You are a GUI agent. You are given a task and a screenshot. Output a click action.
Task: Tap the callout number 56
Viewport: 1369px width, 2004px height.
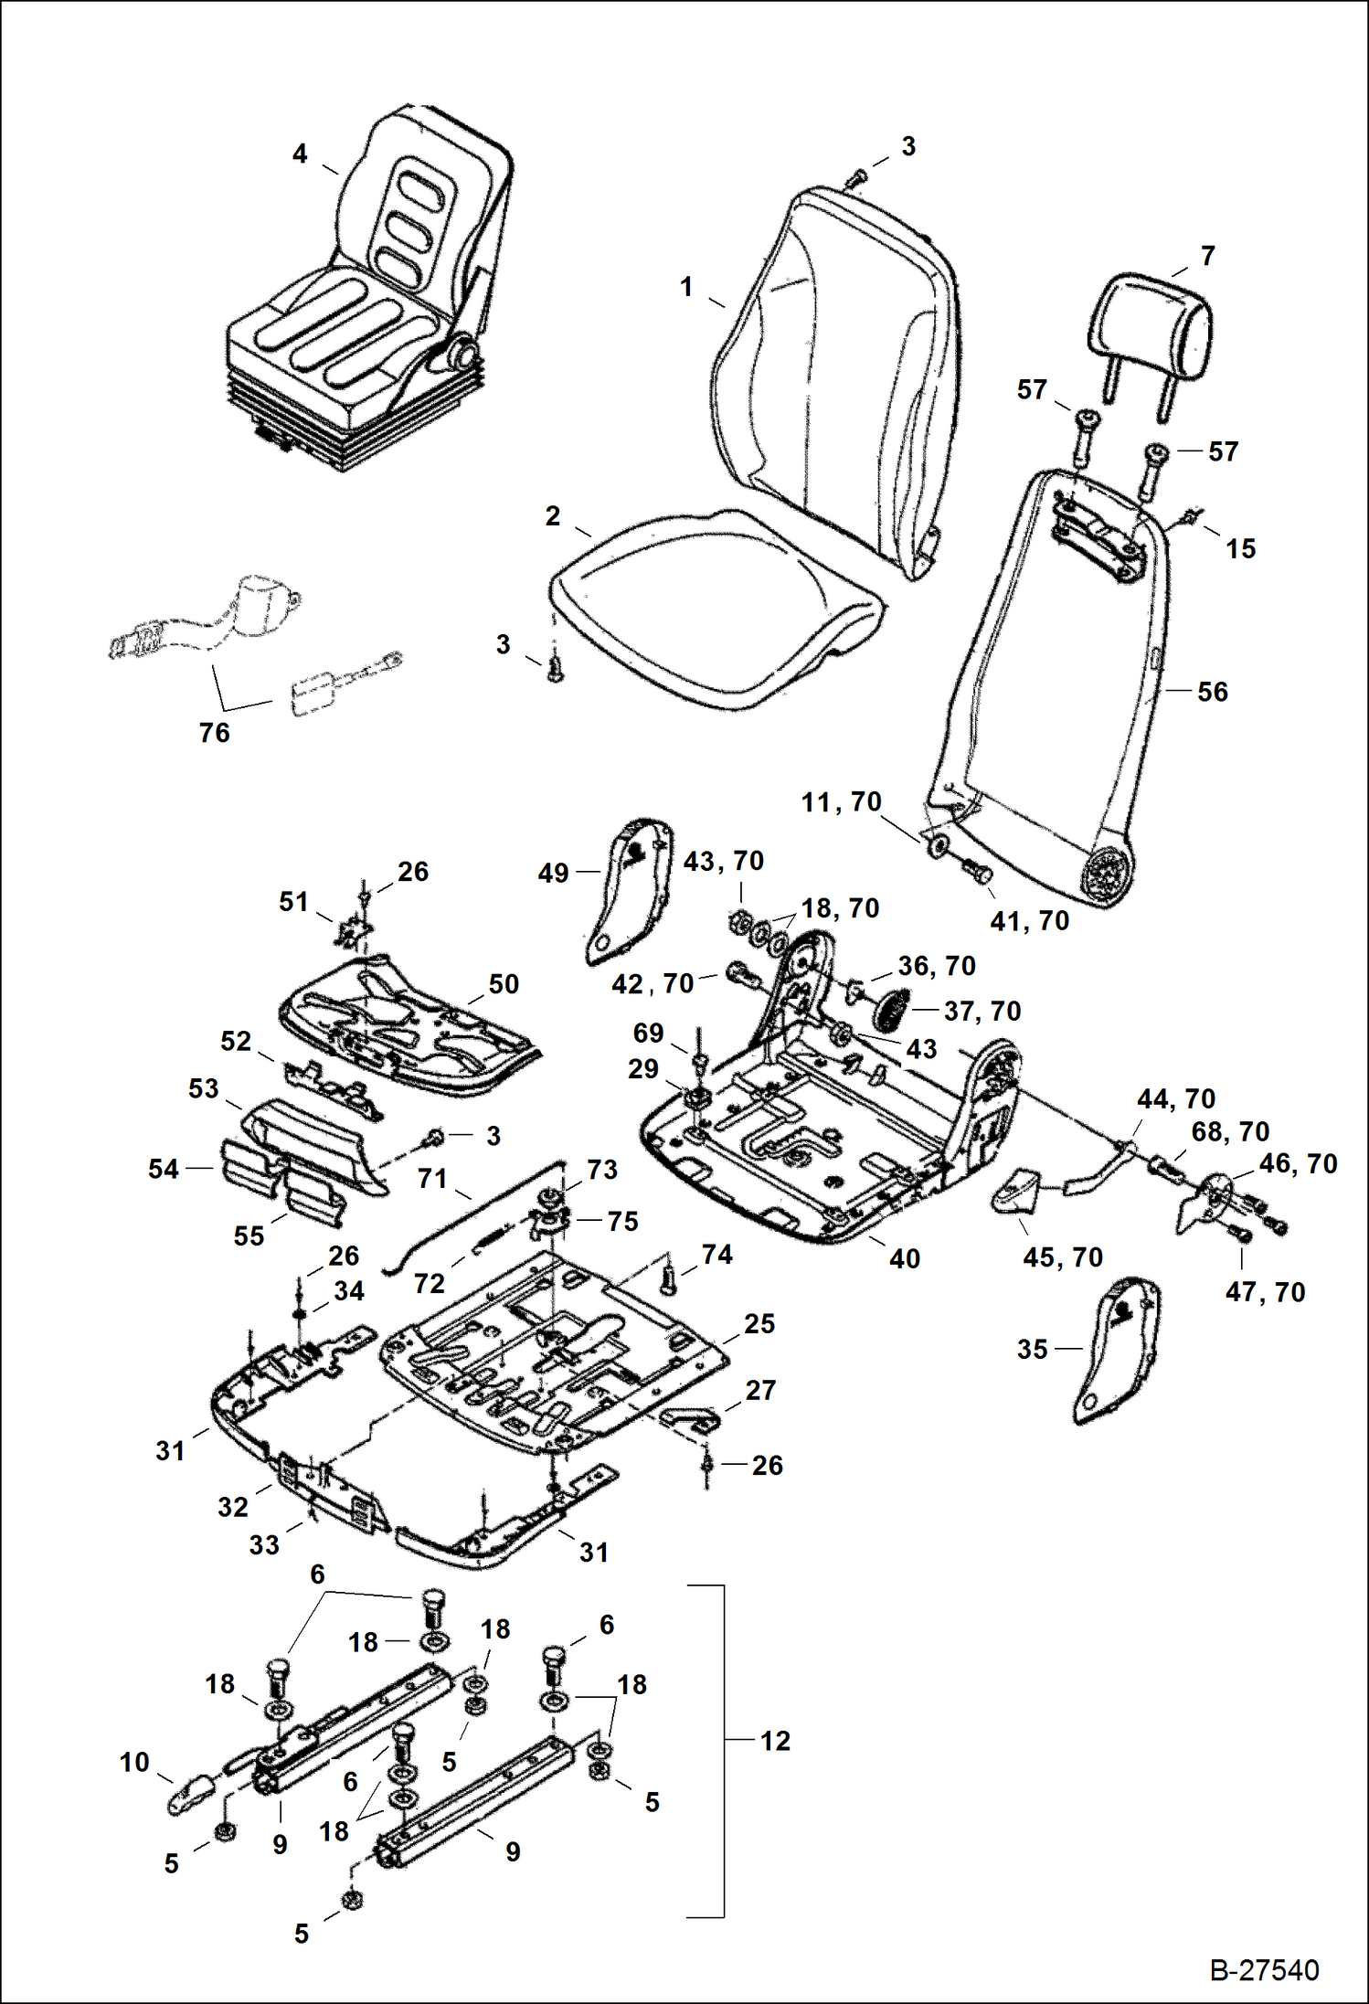1213,692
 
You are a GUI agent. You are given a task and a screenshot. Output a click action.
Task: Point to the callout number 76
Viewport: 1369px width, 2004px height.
214,733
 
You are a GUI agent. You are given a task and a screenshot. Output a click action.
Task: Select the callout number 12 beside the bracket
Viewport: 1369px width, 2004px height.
775,1741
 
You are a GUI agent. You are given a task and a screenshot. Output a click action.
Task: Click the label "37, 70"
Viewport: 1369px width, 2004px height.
982,1012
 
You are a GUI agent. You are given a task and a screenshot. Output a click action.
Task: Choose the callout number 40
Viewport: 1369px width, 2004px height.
904,1259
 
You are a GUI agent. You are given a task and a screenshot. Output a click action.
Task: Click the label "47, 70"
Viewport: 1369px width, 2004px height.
1265,1292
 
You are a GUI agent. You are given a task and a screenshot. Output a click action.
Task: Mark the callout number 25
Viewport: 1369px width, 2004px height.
759,1324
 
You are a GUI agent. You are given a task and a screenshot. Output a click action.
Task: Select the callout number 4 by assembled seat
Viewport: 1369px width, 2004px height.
300,154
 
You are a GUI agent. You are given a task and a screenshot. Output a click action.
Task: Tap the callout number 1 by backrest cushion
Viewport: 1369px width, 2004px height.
686,287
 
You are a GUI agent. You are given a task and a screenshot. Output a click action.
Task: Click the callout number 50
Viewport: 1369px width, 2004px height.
504,984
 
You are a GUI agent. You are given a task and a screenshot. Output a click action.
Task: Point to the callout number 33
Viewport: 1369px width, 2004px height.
264,1545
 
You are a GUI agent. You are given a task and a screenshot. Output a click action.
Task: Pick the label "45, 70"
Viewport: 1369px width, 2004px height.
1063,1257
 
